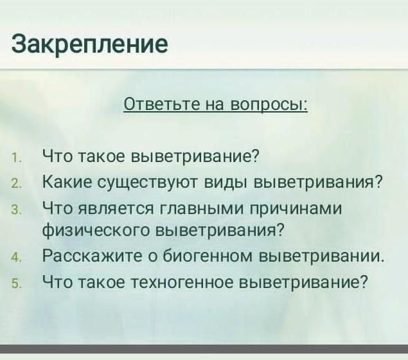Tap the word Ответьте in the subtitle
(162, 104)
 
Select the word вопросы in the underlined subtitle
(269, 105)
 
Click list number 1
(15, 158)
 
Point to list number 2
(15, 184)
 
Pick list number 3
(15, 210)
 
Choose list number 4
(15, 258)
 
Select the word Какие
(67, 181)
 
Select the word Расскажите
(93, 256)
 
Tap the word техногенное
(182, 282)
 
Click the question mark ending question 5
(364, 280)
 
